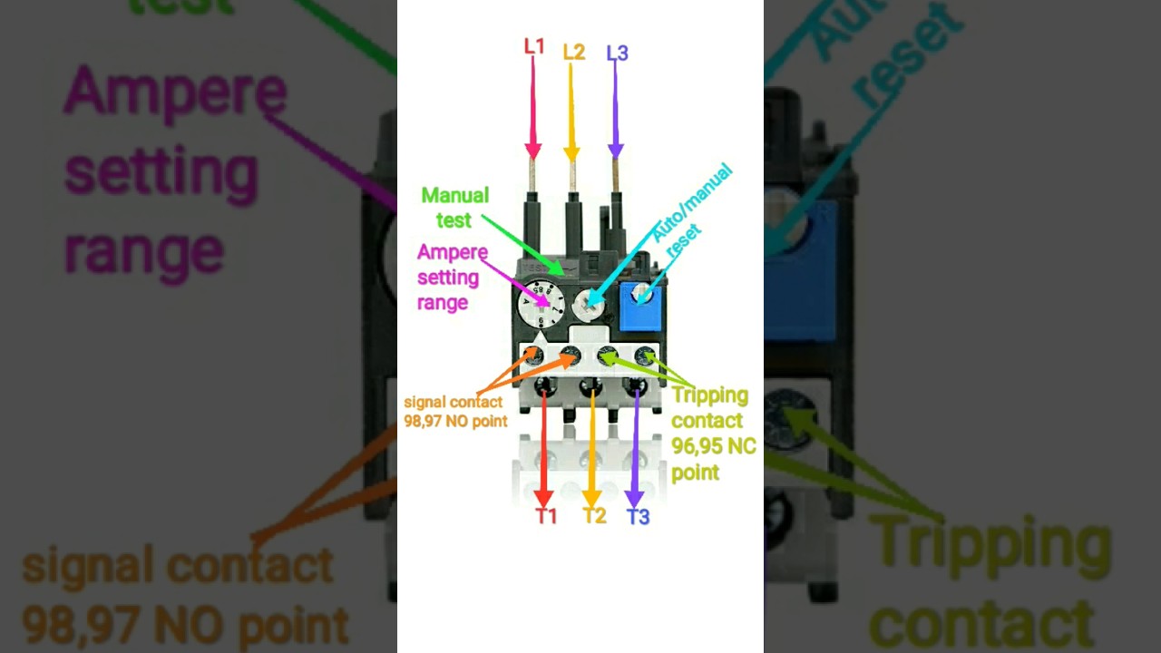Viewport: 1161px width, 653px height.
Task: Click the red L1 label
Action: pyautogui.click(x=534, y=46)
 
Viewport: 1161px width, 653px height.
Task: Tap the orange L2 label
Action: pyautogui.click(x=574, y=52)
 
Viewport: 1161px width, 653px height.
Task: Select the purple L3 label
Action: pyautogui.click(x=618, y=53)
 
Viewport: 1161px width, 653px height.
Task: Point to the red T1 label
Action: pyautogui.click(x=546, y=516)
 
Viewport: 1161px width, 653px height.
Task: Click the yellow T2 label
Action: pyautogui.click(x=594, y=516)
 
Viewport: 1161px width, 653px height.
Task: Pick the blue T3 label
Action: pyautogui.click(x=638, y=517)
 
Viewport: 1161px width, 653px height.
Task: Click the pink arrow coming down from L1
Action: pyautogui.click(x=532, y=108)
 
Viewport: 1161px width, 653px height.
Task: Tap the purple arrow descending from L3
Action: pyautogui.click(x=615, y=111)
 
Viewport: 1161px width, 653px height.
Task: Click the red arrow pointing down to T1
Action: pyautogui.click(x=543, y=449)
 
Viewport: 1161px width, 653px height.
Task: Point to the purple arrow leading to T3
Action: pyautogui.click(x=635, y=449)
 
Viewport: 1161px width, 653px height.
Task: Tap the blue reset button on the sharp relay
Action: pyautogui.click(x=641, y=306)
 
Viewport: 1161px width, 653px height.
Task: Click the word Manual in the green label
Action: pyautogui.click(x=455, y=195)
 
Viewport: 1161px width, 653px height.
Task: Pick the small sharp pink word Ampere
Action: pyautogui.click(x=453, y=253)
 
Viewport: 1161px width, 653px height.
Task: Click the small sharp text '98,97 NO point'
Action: pyautogui.click(x=455, y=421)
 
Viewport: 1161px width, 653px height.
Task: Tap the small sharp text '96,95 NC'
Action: pyautogui.click(x=714, y=445)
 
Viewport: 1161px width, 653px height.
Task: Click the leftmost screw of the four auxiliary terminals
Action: pyautogui.click(x=534, y=356)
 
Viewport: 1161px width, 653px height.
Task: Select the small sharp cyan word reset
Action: pyautogui.click(x=683, y=240)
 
